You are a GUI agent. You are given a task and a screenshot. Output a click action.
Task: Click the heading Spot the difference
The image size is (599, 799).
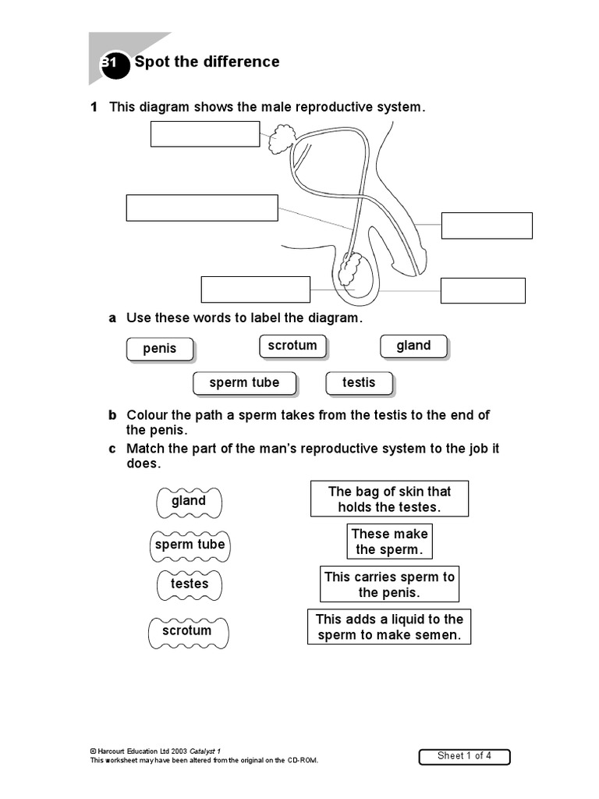tap(207, 62)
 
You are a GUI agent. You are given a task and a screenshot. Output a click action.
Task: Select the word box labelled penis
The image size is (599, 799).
tap(160, 349)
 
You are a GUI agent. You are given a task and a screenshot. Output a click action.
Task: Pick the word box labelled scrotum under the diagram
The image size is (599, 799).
tap(292, 346)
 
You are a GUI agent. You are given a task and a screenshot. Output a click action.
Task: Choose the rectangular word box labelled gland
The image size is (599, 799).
tap(413, 346)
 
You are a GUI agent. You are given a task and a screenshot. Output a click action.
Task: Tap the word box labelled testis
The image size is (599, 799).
tap(359, 382)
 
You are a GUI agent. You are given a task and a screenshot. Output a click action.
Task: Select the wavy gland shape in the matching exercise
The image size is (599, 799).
tap(189, 501)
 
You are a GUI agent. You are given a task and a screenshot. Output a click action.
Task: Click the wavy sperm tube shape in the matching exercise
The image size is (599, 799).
tap(190, 545)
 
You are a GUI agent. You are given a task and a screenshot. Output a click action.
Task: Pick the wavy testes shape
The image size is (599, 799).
tap(190, 584)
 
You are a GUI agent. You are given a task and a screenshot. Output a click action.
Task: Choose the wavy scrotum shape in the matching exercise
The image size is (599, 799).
tap(187, 630)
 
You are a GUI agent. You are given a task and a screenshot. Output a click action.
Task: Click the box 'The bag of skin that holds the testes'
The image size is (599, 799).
tap(389, 499)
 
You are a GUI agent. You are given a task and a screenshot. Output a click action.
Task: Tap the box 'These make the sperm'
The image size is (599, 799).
tap(389, 542)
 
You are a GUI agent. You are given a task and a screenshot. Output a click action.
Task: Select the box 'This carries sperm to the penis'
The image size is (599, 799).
tap(389, 584)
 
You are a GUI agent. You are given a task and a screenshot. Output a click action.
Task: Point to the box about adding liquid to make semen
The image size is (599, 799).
tap(389, 627)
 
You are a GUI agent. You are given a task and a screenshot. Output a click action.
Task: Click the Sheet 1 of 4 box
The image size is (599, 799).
tap(464, 756)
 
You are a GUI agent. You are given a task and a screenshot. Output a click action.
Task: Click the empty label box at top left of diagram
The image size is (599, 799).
tap(204, 133)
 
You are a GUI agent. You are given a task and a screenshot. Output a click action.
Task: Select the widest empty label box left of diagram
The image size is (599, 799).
tap(202, 208)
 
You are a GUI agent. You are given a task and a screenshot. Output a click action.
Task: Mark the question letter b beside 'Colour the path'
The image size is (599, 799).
tap(112, 415)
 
